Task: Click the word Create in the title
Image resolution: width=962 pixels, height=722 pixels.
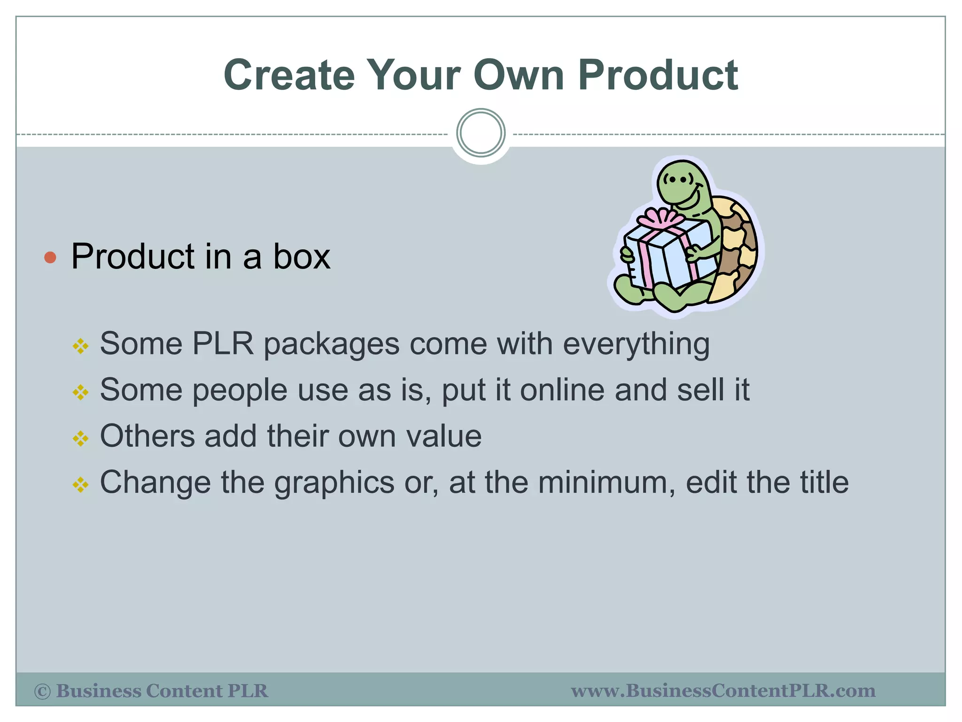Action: click(289, 75)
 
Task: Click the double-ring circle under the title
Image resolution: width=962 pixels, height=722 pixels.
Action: click(481, 133)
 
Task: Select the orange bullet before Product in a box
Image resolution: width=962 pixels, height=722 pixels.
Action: click(50, 258)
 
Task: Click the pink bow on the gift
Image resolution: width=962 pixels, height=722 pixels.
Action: click(660, 219)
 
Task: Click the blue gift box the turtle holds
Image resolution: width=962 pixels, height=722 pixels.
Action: click(667, 256)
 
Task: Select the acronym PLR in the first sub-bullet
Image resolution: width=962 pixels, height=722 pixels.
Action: click(223, 344)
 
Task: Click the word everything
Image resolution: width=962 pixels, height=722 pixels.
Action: click(636, 345)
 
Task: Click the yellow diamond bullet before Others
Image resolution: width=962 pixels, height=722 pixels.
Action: click(81, 439)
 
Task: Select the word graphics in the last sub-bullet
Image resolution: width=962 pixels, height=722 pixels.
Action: click(334, 483)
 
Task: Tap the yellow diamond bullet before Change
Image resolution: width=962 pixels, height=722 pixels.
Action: click(81, 485)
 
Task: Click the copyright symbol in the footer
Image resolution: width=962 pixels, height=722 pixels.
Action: click(42, 691)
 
